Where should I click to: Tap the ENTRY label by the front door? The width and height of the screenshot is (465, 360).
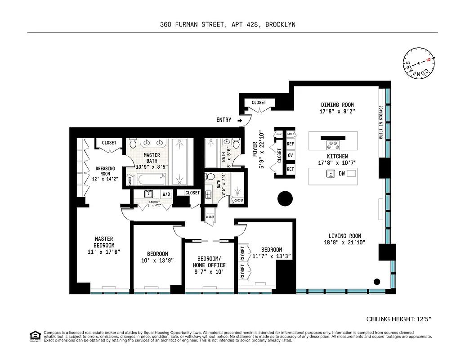click(224, 120)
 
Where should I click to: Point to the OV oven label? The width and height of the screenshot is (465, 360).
click(291, 156)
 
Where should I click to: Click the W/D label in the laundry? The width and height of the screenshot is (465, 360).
click(166, 194)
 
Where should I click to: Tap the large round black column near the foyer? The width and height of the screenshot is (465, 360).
click(285, 198)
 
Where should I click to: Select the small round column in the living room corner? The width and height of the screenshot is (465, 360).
click(377, 282)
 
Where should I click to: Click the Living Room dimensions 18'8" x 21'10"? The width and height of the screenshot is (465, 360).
click(344, 242)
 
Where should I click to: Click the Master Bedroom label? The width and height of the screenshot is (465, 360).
click(104, 242)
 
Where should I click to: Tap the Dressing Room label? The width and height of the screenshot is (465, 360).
click(105, 171)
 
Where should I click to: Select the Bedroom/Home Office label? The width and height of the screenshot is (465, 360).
click(210, 262)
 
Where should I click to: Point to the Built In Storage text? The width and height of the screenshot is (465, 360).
click(381, 121)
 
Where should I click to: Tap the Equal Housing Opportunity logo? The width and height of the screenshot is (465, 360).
click(34, 336)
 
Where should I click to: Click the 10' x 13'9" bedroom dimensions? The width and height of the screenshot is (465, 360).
click(157, 261)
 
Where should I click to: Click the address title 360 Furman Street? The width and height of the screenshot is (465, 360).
click(228, 25)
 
